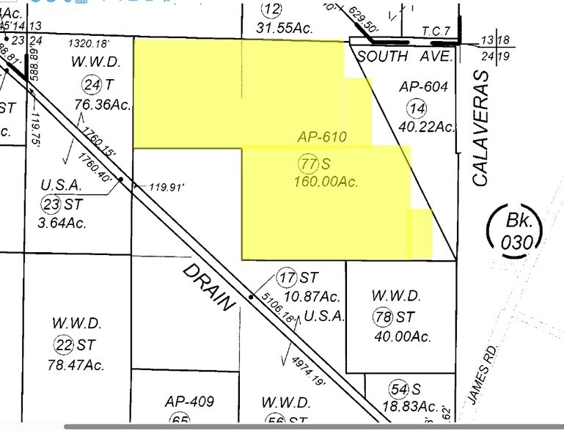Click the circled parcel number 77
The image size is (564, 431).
(308, 162)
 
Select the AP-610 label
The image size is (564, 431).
(321, 136)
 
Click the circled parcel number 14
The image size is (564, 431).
(417, 108)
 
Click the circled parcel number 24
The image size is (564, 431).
(91, 85)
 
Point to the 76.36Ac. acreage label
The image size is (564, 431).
(102, 104)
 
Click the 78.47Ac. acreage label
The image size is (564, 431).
(77, 364)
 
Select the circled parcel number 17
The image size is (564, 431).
(286, 278)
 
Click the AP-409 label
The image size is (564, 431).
(189, 401)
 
